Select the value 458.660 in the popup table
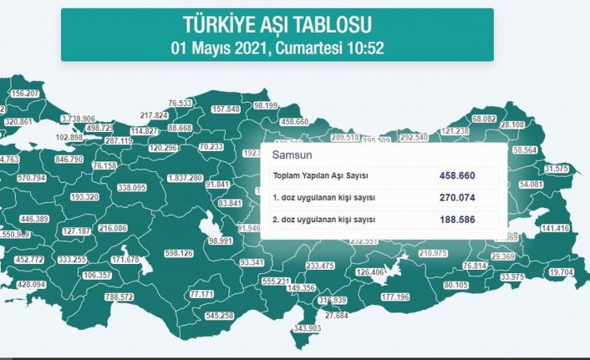458,176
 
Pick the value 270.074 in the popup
458,198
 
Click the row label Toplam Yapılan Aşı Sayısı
322,176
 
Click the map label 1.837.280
186,178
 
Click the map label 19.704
562,272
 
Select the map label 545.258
219,316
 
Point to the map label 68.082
485,119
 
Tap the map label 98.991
221,240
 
